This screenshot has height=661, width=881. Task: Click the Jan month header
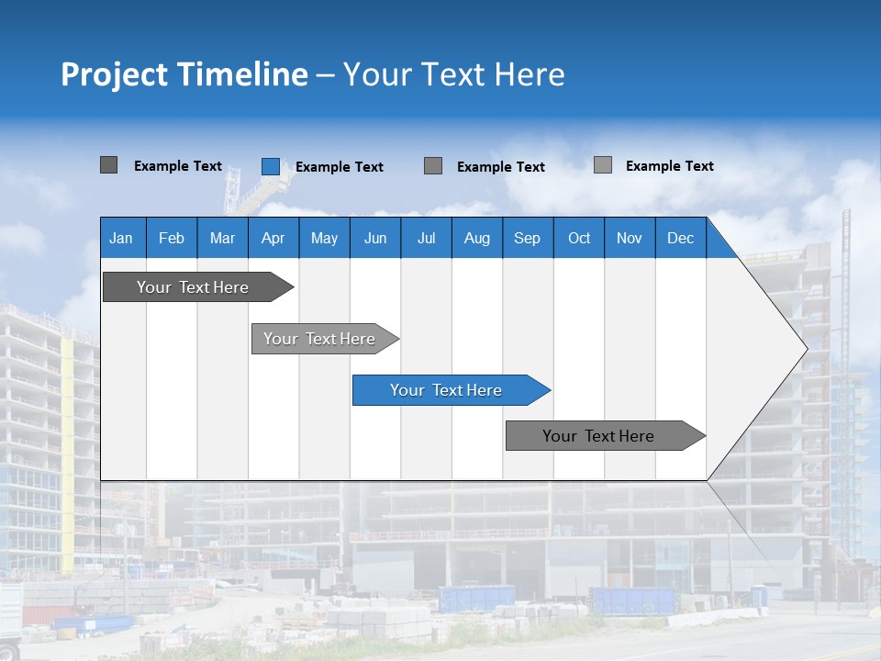coord(122,238)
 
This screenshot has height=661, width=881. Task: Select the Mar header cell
coord(222,238)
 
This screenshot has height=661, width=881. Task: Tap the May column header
coord(324,238)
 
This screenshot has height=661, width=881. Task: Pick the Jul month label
coord(426,238)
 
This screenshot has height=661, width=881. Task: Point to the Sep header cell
coord(527,238)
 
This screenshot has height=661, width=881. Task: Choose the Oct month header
coord(579,238)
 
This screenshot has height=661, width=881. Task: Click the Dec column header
coord(680,238)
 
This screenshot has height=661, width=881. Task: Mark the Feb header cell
coord(172,238)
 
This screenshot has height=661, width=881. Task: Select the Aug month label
coord(476,238)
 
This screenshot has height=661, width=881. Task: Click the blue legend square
coord(271,166)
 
